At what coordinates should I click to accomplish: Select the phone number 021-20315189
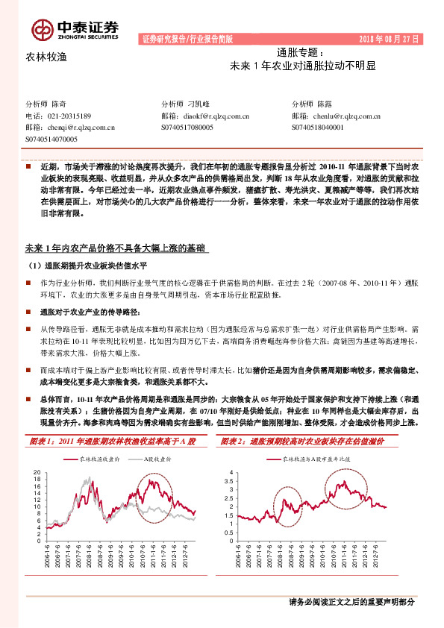[69, 116]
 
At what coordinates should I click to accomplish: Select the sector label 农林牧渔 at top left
[46, 57]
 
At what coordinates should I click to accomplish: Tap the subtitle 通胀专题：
[301, 53]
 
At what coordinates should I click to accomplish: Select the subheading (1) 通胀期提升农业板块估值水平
[90, 266]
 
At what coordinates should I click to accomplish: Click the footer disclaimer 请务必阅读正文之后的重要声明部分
[351, 602]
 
